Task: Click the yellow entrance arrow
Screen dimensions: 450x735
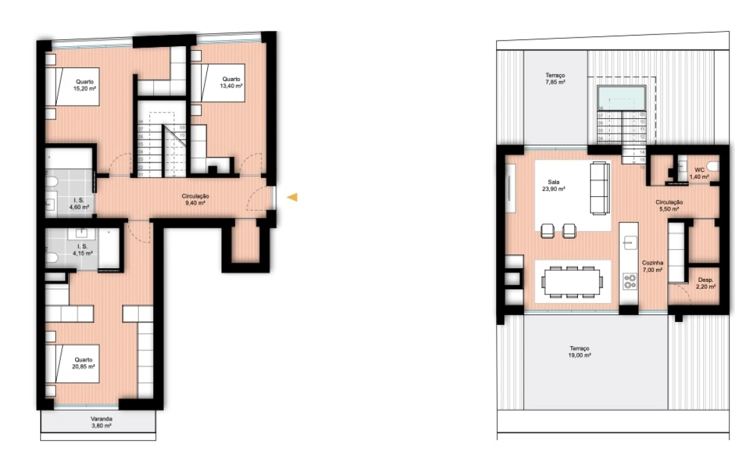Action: [x=292, y=197]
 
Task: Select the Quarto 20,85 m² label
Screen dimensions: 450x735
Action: [x=84, y=363]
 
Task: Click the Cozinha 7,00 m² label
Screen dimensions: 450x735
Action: [x=652, y=266]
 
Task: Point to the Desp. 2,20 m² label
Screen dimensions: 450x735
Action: [x=707, y=282]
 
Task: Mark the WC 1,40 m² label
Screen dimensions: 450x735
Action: [x=699, y=173]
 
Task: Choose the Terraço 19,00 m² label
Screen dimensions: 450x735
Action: [x=580, y=351]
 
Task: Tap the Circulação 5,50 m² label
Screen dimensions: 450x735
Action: [x=669, y=205]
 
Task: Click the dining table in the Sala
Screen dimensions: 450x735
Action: [x=573, y=281]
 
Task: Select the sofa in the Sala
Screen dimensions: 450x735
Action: [x=599, y=187]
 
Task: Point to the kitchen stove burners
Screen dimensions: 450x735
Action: [x=628, y=281]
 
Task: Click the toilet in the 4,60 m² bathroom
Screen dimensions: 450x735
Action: [x=53, y=182]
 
